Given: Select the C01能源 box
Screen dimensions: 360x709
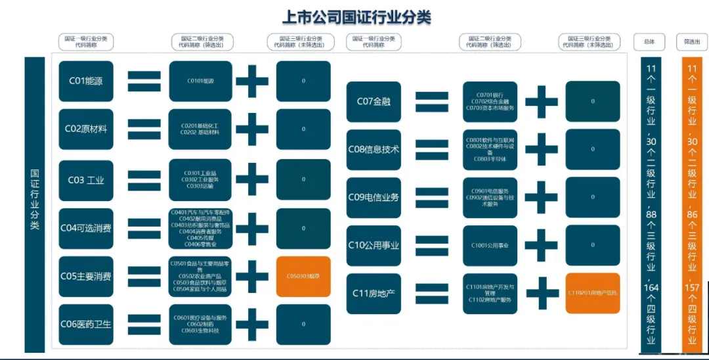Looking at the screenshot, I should [x=86, y=81].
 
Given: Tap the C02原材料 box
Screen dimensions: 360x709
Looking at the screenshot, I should [x=86, y=129].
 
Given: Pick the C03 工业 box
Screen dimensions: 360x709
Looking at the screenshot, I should [x=86, y=179].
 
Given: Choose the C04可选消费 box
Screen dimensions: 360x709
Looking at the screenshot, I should [x=86, y=229].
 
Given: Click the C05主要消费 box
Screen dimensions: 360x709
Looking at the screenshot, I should [x=86, y=277].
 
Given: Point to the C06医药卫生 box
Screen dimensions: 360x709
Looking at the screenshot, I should [x=86, y=324].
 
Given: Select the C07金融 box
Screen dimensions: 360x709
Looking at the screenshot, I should [x=374, y=101].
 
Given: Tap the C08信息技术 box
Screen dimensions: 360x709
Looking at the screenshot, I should [x=374, y=149].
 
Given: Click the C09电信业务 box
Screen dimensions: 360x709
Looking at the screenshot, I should [x=374, y=197].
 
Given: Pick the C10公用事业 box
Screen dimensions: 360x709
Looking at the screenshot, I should [x=374, y=245].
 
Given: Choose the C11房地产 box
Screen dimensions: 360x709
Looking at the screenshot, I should [x=374, y=293].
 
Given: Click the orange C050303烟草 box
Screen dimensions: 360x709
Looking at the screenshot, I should [x=303, y=277].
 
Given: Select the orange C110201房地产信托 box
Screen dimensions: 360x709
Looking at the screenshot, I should [x=593, y=293].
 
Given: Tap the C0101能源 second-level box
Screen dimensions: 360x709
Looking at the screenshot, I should [x=200, y=81].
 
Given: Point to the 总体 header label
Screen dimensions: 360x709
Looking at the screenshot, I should [x=649, y=41].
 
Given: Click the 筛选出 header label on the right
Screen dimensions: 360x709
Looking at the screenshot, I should [x=691, y=41].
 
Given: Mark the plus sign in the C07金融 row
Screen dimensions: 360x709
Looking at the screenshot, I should [x=542, y=101].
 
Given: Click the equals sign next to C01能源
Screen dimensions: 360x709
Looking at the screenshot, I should [x=144, y=81].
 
